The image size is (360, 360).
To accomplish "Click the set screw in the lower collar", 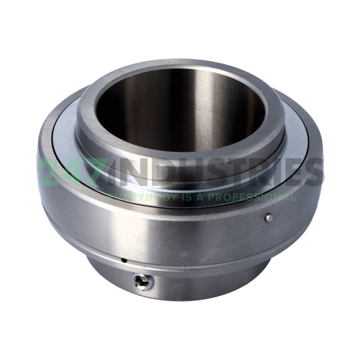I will (143, 282).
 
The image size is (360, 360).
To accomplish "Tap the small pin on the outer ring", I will (268, 217).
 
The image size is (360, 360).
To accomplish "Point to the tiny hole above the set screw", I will (123, 261).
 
